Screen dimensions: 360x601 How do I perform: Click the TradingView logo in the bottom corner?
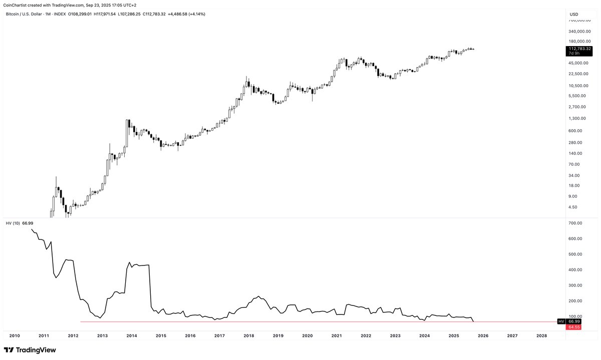30,350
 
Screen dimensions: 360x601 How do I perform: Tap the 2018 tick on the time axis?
249,335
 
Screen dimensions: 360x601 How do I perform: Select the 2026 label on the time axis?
483,335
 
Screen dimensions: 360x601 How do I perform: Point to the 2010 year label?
15,335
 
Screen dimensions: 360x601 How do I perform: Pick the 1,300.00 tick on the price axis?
578,119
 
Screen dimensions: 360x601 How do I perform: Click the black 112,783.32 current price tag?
580,49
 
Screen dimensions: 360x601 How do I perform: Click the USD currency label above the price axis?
574,14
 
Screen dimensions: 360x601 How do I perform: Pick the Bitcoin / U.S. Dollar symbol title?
28,14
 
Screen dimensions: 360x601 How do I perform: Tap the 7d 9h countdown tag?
573,54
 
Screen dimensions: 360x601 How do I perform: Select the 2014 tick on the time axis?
132,335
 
